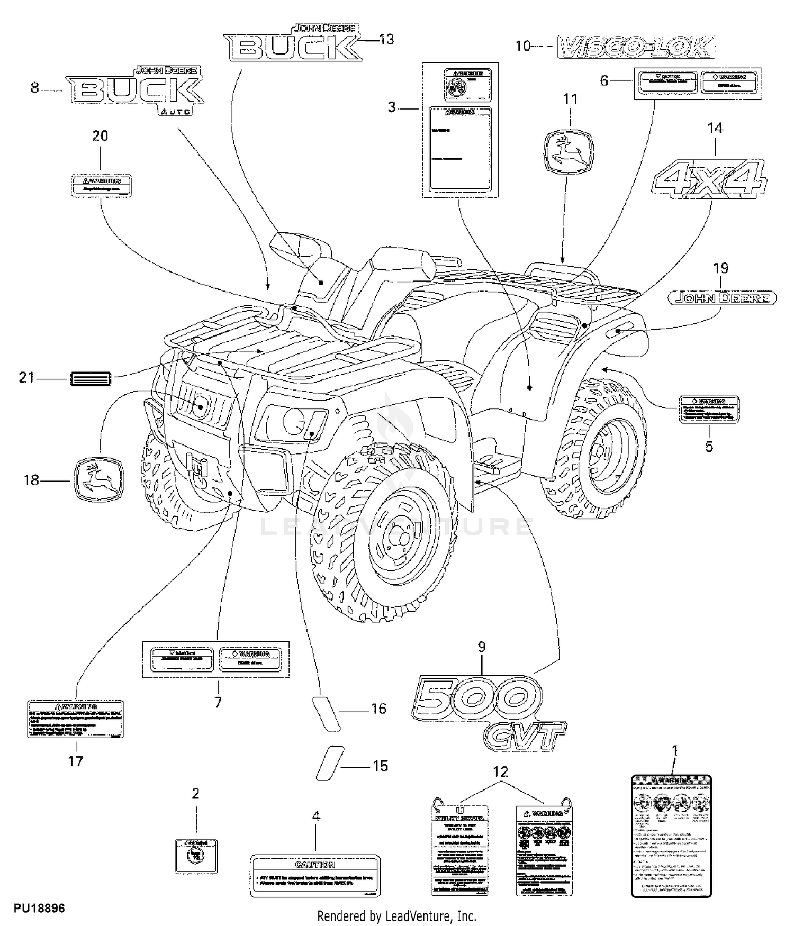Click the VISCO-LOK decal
coord(636,47)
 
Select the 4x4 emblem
coord(710,178)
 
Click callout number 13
coord(386,39)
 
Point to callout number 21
coord(26,378)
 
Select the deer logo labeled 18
coord(99,479)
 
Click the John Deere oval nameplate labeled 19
coord(722,298)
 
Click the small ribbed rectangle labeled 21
coord(91,379)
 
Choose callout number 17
coord(76,761)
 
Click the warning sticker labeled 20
coord(101,185)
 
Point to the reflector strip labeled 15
coord(330,762)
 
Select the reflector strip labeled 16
coord(324,714)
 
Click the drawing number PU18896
coord(40,908)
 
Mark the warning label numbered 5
coord(709,409)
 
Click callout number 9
coord(482,647)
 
